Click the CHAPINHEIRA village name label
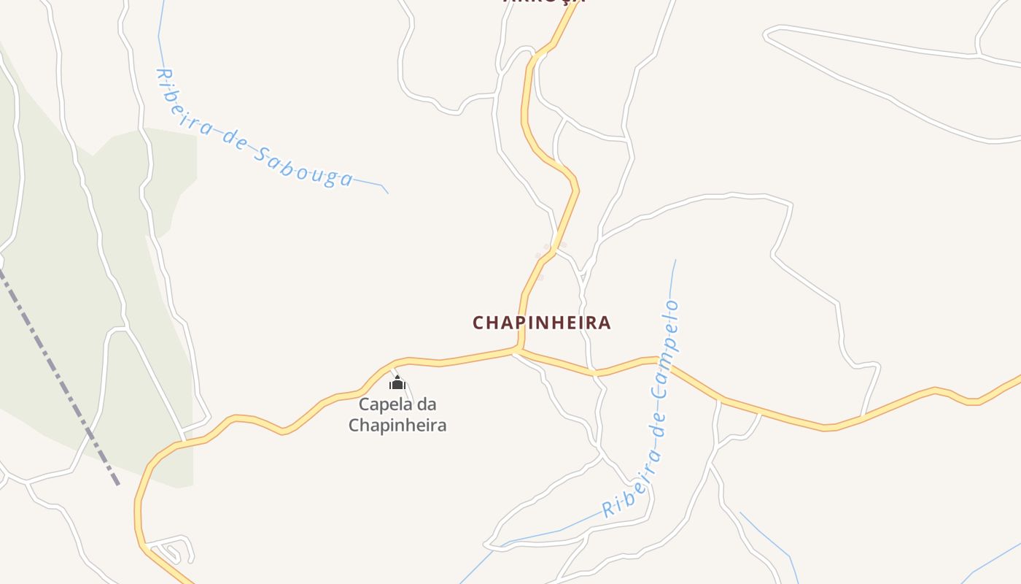tap(541, 323)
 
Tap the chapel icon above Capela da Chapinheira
tap(397, 383)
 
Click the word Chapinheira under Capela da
tap(397, 425)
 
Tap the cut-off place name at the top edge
tap(544, 2)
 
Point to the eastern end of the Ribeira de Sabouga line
tap(387, 193)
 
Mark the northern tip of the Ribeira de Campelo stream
tap(675, 261)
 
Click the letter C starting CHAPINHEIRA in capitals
tap(479, 323)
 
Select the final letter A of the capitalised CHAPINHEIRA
tap(604, 323)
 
